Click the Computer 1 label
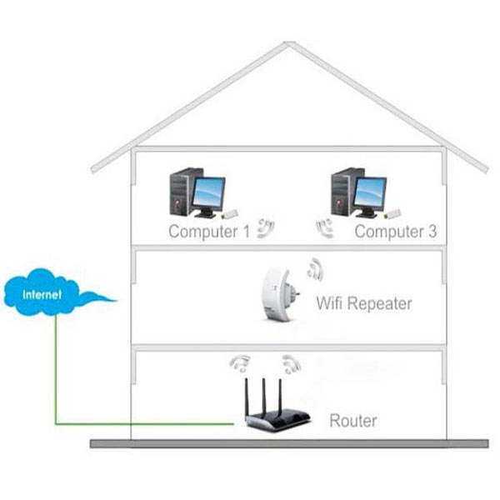click(x=209, y=231)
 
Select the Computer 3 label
click(x=395, y=231)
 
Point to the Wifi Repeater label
click(x=363, y=303)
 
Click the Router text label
click(x=352, y=421)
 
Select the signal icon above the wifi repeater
click(x=315, y=267)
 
